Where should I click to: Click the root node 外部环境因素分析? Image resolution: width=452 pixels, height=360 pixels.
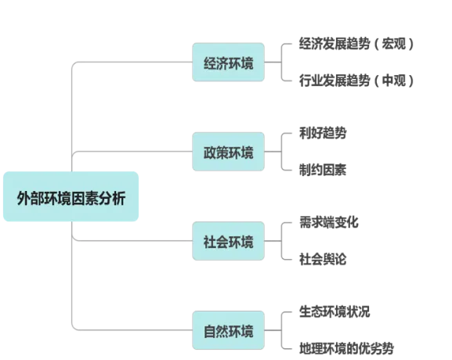click(71, 196)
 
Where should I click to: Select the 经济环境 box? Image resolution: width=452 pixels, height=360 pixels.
click(228, 62)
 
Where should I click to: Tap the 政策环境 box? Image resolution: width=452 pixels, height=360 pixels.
click(228, 152)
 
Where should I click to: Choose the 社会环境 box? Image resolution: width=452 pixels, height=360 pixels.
click(228, 241)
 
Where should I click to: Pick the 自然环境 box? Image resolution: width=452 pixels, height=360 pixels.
click(228, 330)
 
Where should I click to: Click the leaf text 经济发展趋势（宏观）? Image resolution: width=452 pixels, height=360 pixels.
click(356, 44)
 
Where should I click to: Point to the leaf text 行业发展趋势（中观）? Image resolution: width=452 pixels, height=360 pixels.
click(356, 81)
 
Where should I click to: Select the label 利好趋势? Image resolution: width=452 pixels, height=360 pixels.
click(323, 133)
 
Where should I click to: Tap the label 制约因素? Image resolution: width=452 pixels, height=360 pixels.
click(323, 170)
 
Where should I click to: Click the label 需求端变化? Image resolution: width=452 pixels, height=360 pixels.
click(329, 222)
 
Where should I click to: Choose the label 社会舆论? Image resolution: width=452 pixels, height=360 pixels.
click(323, 259)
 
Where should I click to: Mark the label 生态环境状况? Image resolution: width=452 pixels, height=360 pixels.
click(334, 311)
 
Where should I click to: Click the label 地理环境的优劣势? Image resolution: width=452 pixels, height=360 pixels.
click(346, 348)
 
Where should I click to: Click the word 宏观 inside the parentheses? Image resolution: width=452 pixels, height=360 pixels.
click(394, 44)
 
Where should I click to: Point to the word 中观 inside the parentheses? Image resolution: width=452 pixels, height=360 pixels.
click(394, 81)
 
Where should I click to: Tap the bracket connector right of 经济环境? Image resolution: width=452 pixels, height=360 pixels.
click(281, 62)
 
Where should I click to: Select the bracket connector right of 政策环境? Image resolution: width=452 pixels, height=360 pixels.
click(281, 152)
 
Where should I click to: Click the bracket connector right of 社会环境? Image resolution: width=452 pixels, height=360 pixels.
click(281, 241)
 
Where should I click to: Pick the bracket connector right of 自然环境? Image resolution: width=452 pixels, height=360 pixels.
click(281, 330)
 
